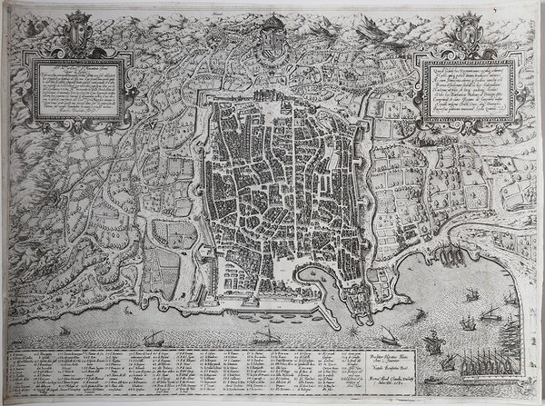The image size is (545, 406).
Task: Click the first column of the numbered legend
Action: pos(27,372)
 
